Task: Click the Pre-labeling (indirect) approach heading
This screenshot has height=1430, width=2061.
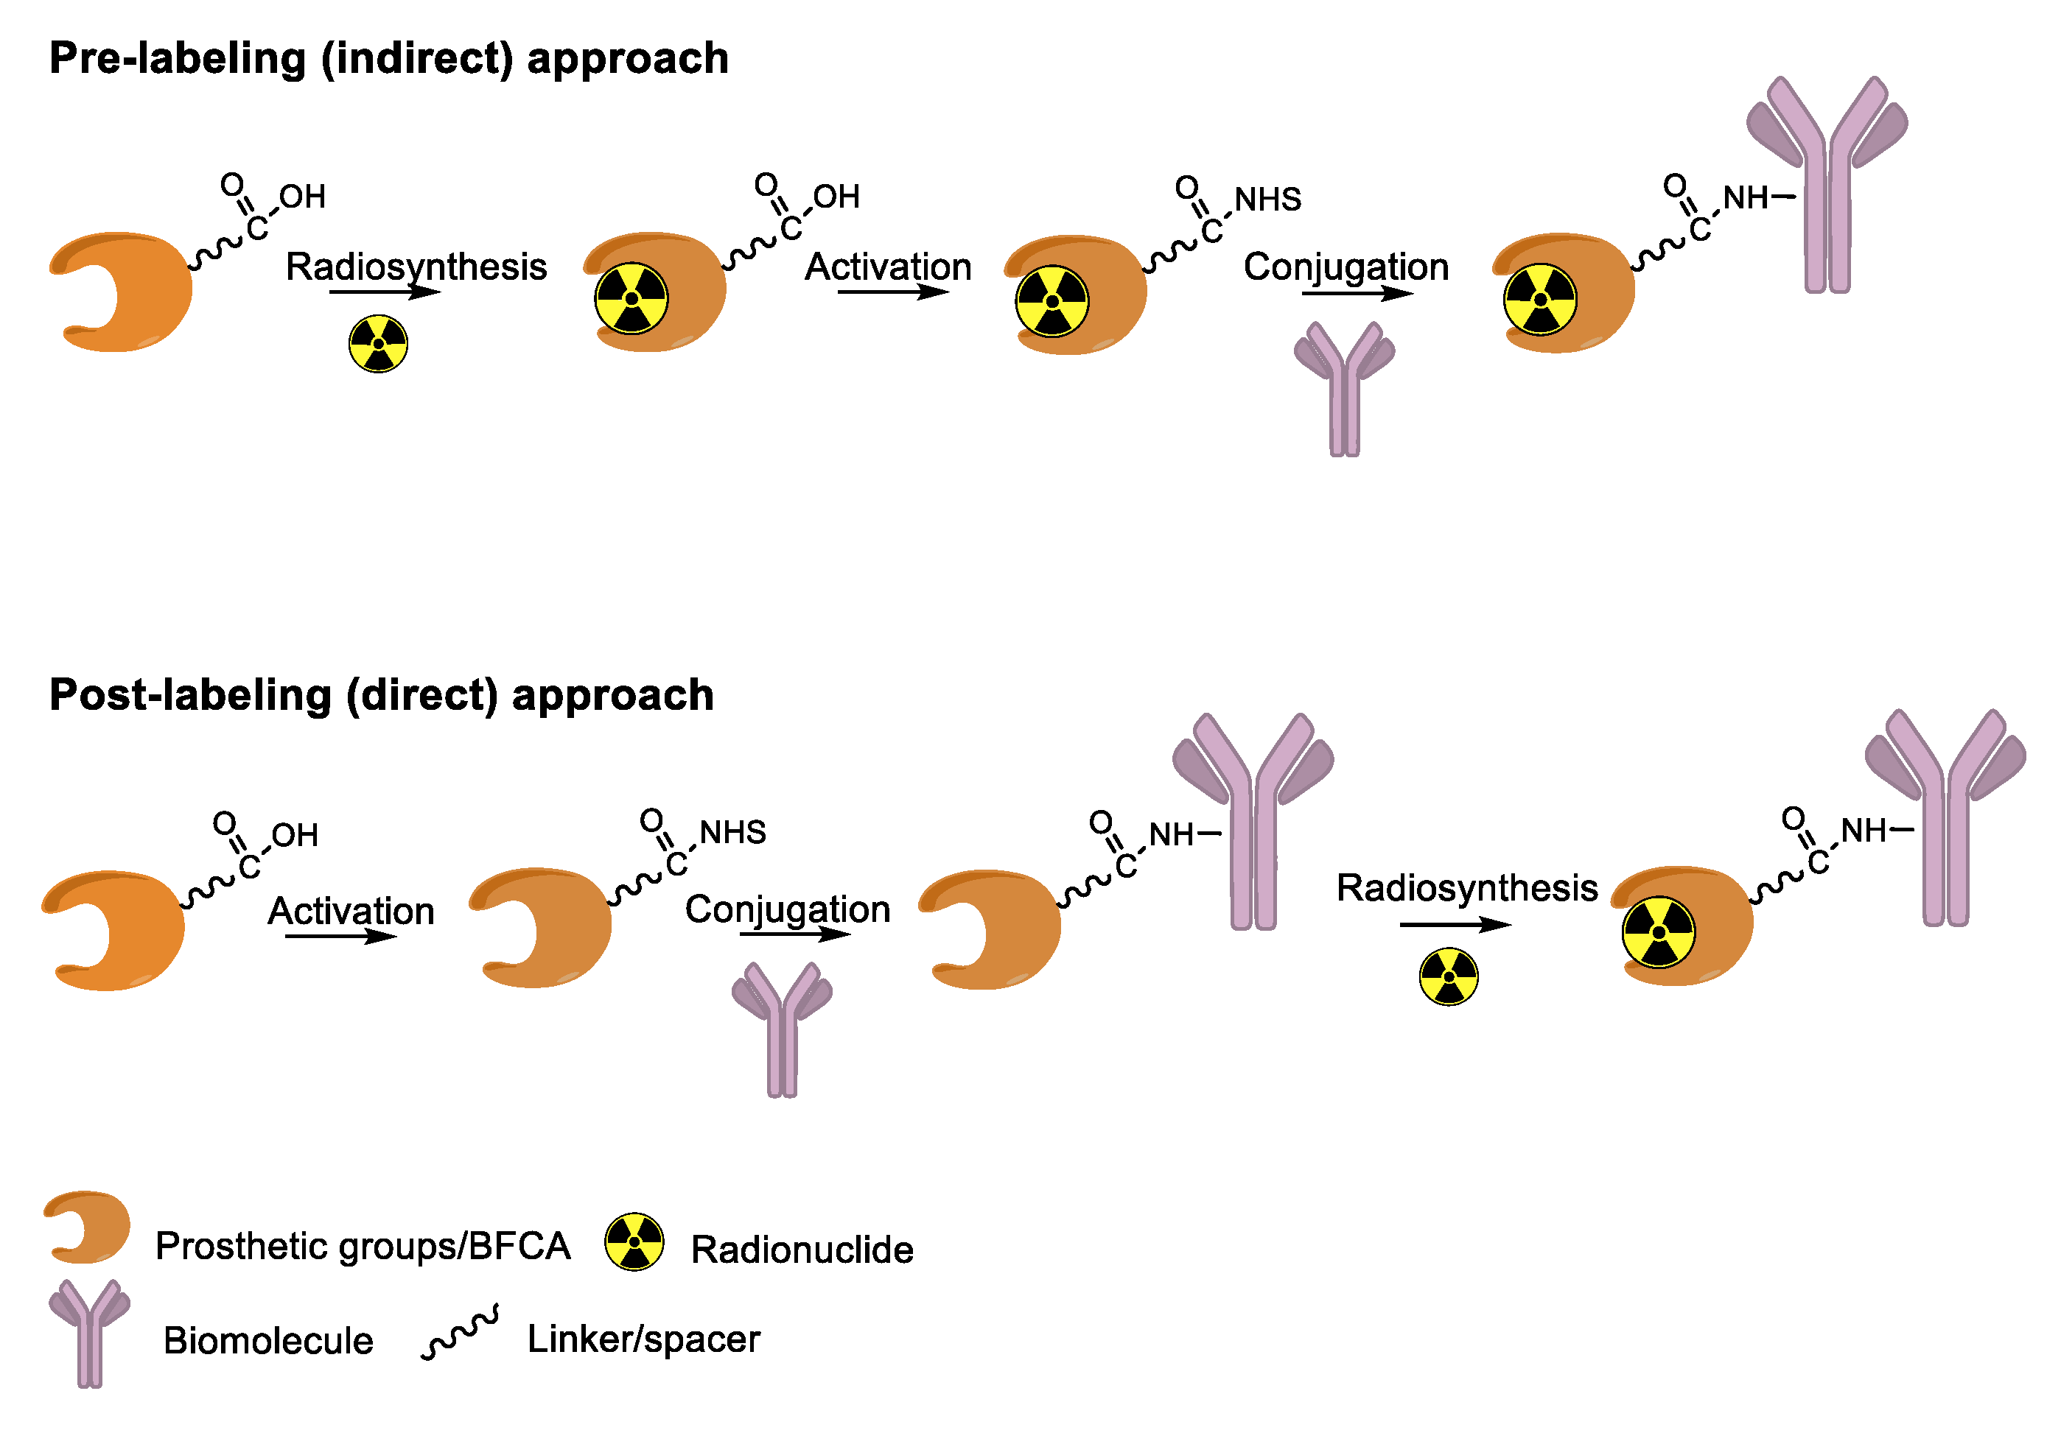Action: [x=388, y=59]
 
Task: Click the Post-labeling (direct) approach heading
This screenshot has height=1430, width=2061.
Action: [x=381, y=696]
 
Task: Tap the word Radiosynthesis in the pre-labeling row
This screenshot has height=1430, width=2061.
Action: [x=416, y=267]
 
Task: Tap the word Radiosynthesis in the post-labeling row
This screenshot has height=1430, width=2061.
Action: [x=1466, y=888]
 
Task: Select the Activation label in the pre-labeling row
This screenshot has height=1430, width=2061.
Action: [x=887, y=267]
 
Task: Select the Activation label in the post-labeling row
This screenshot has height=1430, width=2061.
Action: [x=351, y=911]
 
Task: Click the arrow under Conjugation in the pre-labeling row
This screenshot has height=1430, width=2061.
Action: [x=1357, y=293]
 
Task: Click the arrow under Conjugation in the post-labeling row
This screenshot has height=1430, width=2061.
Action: [x=794, y=934]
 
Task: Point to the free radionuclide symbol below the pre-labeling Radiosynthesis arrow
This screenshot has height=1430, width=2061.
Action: [x=378, y=343]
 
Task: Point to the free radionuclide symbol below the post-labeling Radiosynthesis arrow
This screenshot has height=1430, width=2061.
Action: [x=1448, y=976]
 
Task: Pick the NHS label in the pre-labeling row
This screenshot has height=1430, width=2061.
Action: [x=1267, y=200]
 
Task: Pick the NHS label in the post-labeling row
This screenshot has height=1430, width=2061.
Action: [x=732, y=832]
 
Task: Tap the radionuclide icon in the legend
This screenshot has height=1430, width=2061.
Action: [x=634, y=1241]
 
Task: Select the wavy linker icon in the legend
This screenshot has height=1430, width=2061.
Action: [x=459, y=1332]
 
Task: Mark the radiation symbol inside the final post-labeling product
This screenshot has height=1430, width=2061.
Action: [x=1658, y=931]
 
